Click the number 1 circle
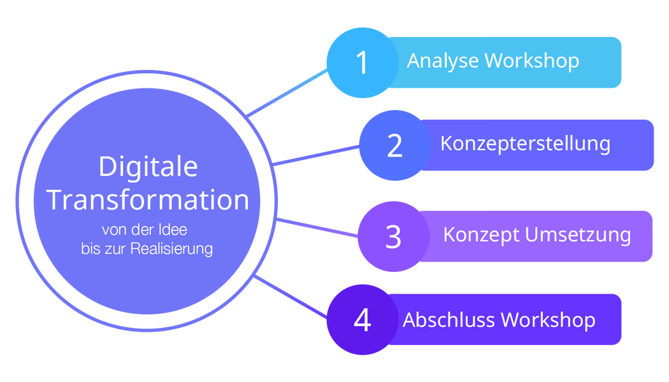pos(362,62)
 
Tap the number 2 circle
pos(394,145)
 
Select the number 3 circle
pos(393,236)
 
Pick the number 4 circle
pos(362,320)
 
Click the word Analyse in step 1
pos(443,61)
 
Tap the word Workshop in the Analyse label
pos(531,61)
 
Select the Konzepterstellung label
pos(525,143)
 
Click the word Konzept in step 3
pos(481,234)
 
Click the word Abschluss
pos(449,320)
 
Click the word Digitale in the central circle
pos(148,167)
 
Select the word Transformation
pos(148,199)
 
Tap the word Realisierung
pos(171,248)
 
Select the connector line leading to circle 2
pos(316,155)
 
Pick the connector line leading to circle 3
pos(317,228)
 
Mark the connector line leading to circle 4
pos(291,298)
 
